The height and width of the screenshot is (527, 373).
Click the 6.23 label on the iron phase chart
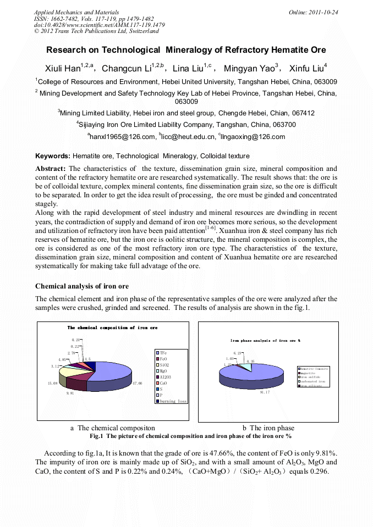pyautogui.click(x=238, y=353)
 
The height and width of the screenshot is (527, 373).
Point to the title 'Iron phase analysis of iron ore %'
pyautogui.click(x=265, y=341)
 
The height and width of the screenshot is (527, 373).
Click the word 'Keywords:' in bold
pyautogui.click(x=53, y=156)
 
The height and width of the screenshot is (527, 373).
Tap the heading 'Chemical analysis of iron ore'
pyautogui.click(x=82, y=286)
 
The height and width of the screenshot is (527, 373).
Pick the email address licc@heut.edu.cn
pyautogui.click(x=186, y=136)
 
